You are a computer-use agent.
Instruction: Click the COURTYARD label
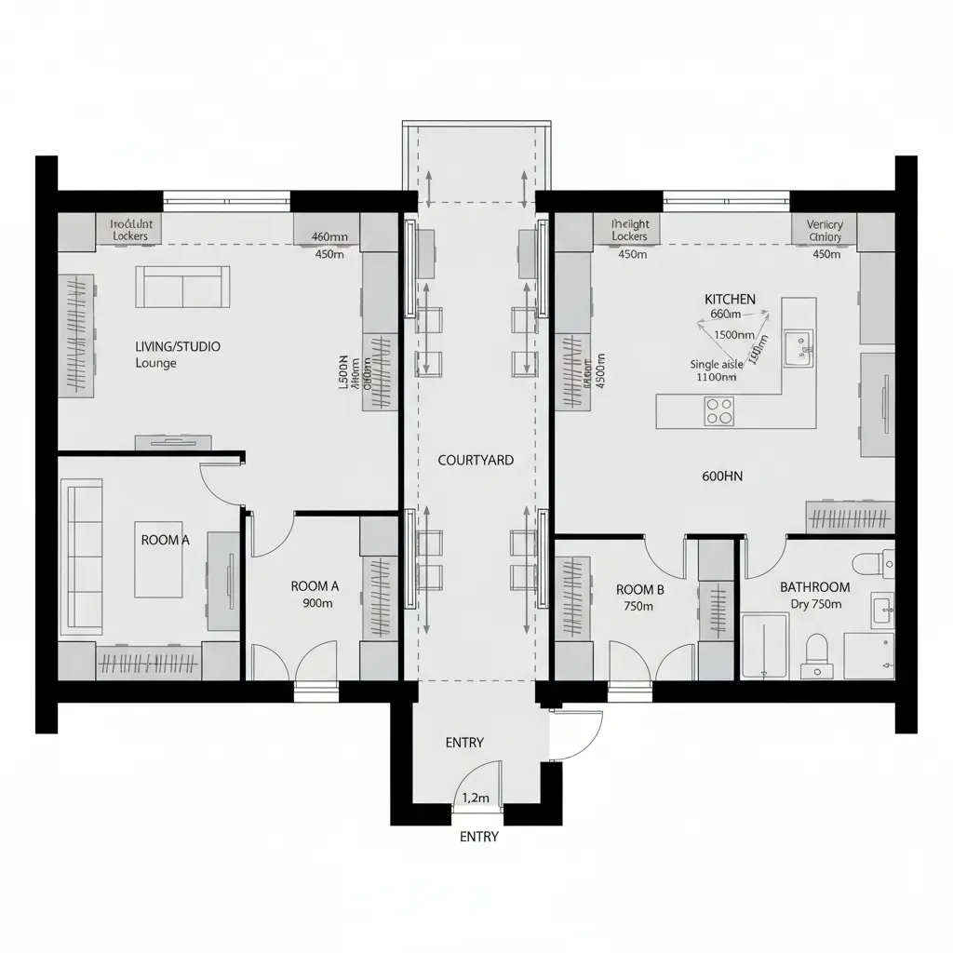(476, 460)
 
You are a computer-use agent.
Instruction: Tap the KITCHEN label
(730, 299)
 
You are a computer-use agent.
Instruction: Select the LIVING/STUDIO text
(178, 346)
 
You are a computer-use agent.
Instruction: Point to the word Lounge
(155, 363)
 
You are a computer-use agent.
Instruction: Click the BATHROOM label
(814, 587)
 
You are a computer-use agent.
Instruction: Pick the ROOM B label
(640, 589)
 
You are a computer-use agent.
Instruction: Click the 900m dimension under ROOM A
(317, 603)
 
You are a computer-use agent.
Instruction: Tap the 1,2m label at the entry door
(476, 797)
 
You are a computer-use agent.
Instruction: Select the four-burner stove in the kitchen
(719, 410)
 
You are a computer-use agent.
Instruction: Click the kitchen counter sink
(798, 348)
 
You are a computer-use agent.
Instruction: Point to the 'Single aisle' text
(717, 365)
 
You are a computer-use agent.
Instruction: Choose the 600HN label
(722, 476)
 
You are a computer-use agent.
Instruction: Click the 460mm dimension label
(329, 236)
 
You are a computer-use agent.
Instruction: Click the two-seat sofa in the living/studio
(182, 287)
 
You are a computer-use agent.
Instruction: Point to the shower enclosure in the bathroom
(765, 646)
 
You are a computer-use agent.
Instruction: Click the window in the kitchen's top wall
(726, 197)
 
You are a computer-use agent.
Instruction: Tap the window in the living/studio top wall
(226, 197)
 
